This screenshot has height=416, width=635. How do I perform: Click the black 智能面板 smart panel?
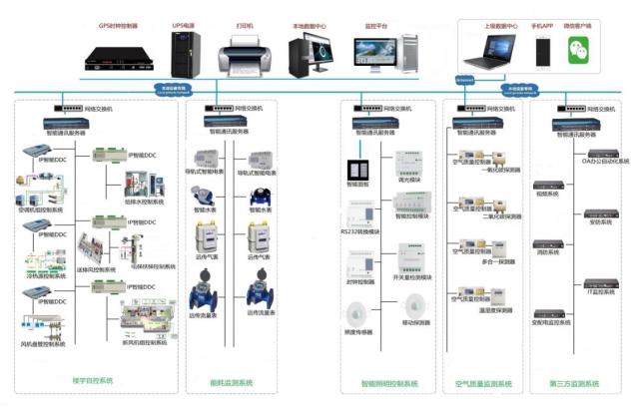[x=357, y=168]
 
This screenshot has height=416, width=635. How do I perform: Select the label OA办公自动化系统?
[x=602, y=161]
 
